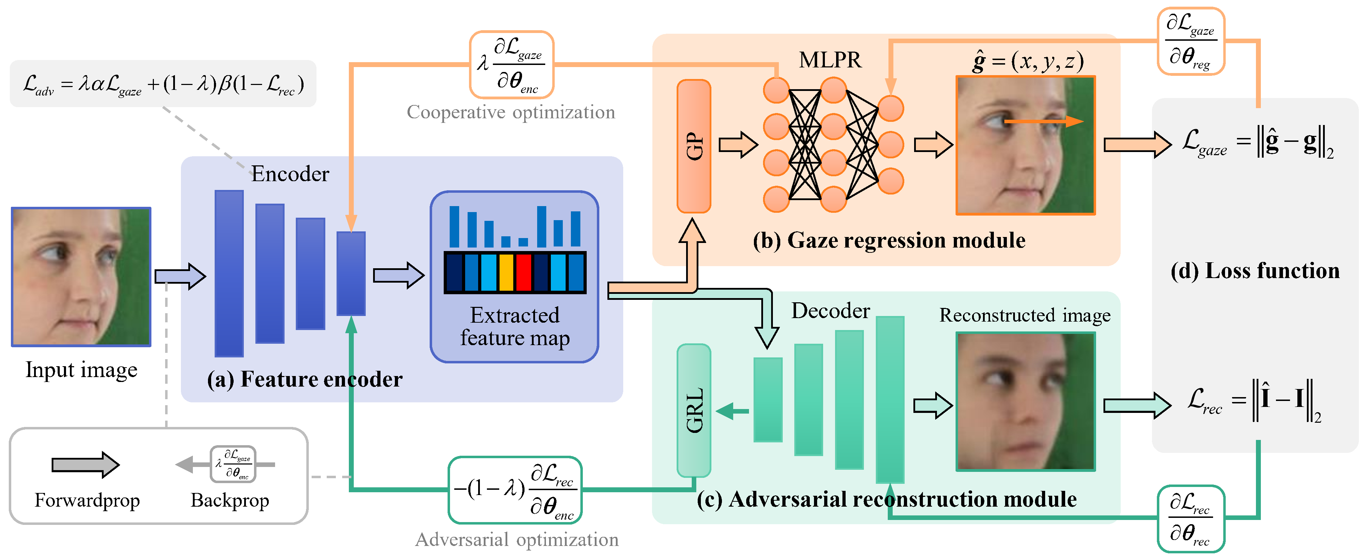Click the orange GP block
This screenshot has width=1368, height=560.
[693, 146]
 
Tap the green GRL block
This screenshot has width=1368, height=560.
[693, 410]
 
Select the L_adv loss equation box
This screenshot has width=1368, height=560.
[163, 84]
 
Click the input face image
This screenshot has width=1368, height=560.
[81, 277]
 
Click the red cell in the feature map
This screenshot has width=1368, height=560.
[523, 272]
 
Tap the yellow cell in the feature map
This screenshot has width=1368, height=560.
[506, 272]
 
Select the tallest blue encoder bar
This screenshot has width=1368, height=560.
[229, 274]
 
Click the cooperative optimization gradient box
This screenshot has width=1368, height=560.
[512, 65]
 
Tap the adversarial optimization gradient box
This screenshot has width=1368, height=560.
[515, 489]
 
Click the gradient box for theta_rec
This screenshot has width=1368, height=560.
[1191, 518]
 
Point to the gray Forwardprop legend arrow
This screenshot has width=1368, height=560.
[85, 465]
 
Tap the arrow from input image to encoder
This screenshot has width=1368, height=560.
[180, 276]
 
